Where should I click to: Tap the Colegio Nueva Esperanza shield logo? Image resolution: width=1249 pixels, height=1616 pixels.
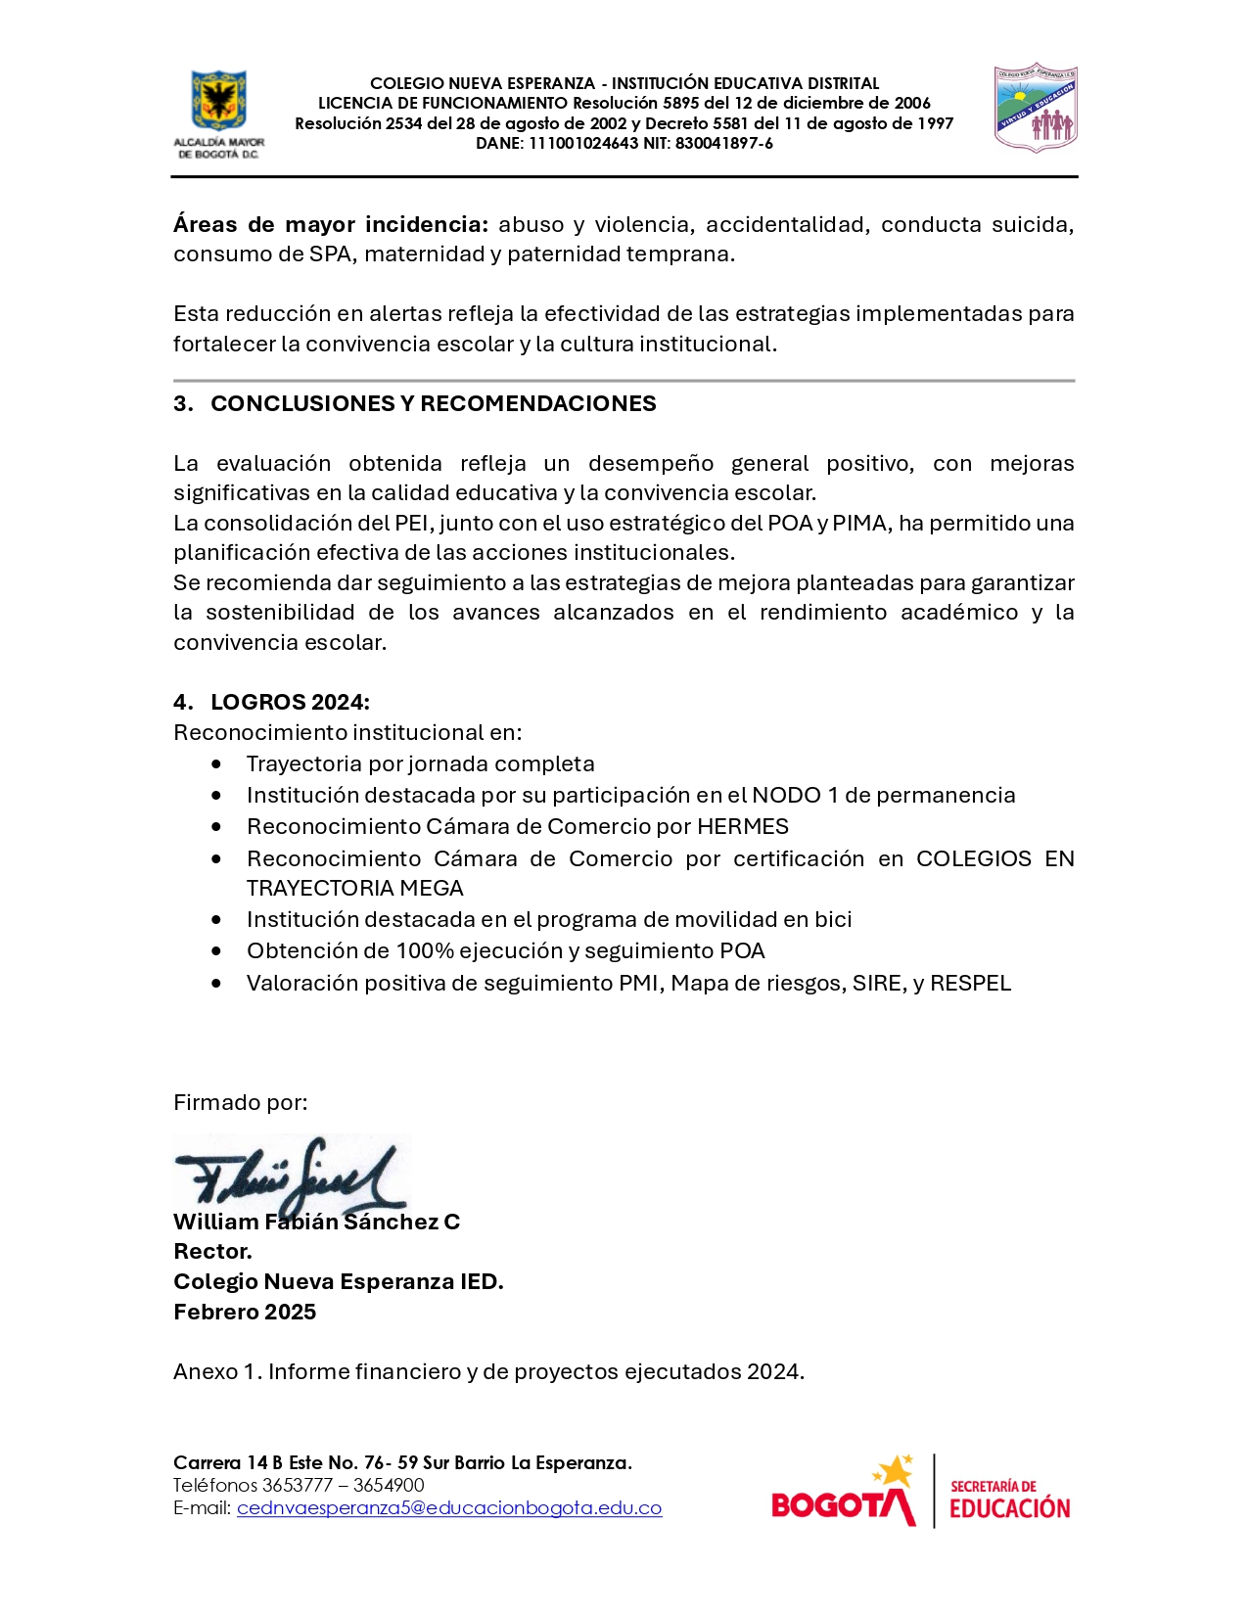point(1036,107)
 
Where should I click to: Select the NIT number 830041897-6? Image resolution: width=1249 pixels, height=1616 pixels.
point(723,144)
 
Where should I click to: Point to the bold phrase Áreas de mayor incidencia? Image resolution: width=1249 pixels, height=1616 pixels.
point(330,224)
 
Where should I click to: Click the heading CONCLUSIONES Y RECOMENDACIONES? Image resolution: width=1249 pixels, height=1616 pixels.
point(433,403)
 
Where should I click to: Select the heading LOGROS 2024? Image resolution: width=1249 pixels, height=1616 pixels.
point(290,702)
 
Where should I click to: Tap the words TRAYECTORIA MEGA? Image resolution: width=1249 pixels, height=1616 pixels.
point(354,888)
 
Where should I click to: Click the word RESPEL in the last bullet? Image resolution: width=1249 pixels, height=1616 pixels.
point(970,983)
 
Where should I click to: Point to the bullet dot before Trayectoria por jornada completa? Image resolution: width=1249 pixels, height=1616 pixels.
point(216,763)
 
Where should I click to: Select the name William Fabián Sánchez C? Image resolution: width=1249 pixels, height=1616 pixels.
point(316,1222)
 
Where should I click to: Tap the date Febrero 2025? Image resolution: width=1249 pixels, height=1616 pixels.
point(245,1312)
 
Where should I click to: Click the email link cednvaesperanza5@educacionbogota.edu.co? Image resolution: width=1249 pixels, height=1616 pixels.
point(449,1507)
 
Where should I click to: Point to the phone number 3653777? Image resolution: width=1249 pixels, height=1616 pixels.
point(298,1485)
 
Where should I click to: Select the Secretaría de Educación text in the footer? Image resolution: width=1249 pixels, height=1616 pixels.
point(1009,1499)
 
